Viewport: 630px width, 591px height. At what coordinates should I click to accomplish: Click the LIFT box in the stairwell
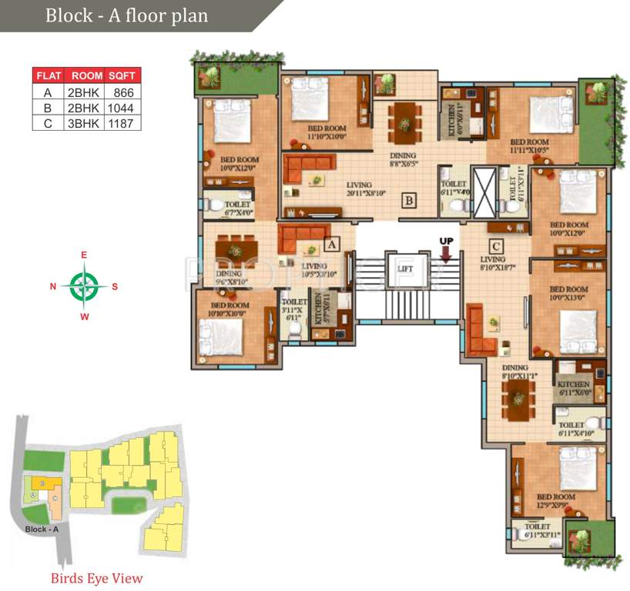pyautogui.click(x=405, y=269)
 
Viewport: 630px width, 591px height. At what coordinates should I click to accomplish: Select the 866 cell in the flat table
pyautogui.click(x=123, y=92)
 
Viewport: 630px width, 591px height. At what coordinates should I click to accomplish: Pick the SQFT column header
pyautogui.click(x=123, y=75)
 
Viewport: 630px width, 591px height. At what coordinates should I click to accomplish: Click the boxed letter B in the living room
pyautogui.click(x=410, y=202)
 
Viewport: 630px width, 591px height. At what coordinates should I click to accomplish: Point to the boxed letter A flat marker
pyautogui.click(x=332, y=245)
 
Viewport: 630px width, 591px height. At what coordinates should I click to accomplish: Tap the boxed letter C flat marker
pyautogui.click(x=496, y=246)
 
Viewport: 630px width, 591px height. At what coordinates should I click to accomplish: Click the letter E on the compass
pyautogui.click(x=84, y=255)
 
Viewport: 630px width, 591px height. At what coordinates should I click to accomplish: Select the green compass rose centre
pyautogui.click(x=84, y=285)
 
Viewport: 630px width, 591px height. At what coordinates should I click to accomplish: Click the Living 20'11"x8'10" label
pyautogui.click(x=359, y=189)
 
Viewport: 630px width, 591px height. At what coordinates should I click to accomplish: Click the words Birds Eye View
pyautogui.click(x=97, y=578)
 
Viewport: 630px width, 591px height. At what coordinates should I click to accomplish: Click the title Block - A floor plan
pyautogui.click(x=126, y=15)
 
